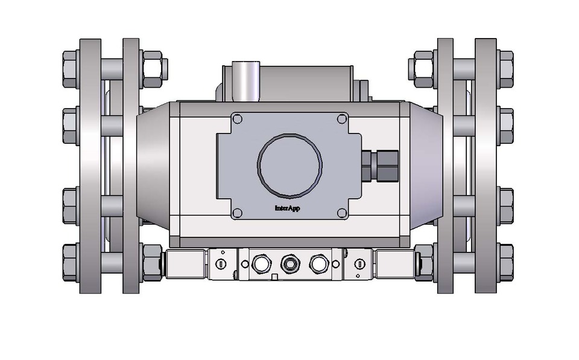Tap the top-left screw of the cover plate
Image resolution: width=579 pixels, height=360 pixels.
click(237, 119)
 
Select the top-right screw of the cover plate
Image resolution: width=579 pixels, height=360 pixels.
click(342, 119)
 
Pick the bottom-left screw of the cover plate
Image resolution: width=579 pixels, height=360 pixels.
click(237, 213)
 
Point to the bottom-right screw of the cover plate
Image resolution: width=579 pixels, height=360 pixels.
click(342, 213)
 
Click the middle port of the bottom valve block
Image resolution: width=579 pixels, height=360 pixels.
click(289, 263)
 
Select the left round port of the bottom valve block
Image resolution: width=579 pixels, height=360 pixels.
click(261, 263)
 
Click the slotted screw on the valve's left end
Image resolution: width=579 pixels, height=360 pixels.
click(220, 263)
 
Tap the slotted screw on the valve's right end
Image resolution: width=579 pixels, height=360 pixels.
click(359, 263)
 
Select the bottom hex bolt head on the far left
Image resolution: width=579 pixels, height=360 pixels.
click(71, 262)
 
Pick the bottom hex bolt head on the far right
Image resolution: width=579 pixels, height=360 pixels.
click(506, 262)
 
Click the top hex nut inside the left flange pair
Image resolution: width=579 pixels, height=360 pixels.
click(153, 66)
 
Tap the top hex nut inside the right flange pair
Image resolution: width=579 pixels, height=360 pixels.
click(422, 66)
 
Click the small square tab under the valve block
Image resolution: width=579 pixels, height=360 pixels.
click(275, 278)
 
